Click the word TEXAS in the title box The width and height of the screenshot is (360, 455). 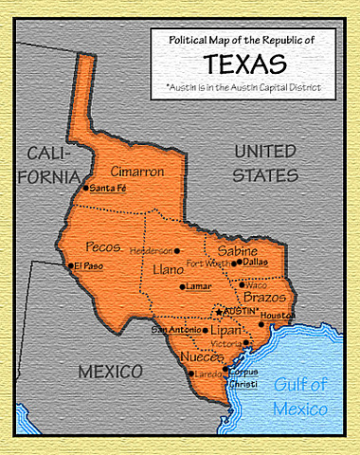click(245, 64)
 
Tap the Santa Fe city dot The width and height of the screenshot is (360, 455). click(86, 188)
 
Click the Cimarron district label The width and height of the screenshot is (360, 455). click(137, 172)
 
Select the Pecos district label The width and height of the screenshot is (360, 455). click(103, 246)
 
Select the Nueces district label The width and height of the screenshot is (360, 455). click(201, 358)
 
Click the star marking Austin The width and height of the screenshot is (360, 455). click(219, 311)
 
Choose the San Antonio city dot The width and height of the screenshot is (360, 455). click(206, 330)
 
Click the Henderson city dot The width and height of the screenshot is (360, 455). click(176, 250)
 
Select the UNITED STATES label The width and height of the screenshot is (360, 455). click(265, 163)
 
